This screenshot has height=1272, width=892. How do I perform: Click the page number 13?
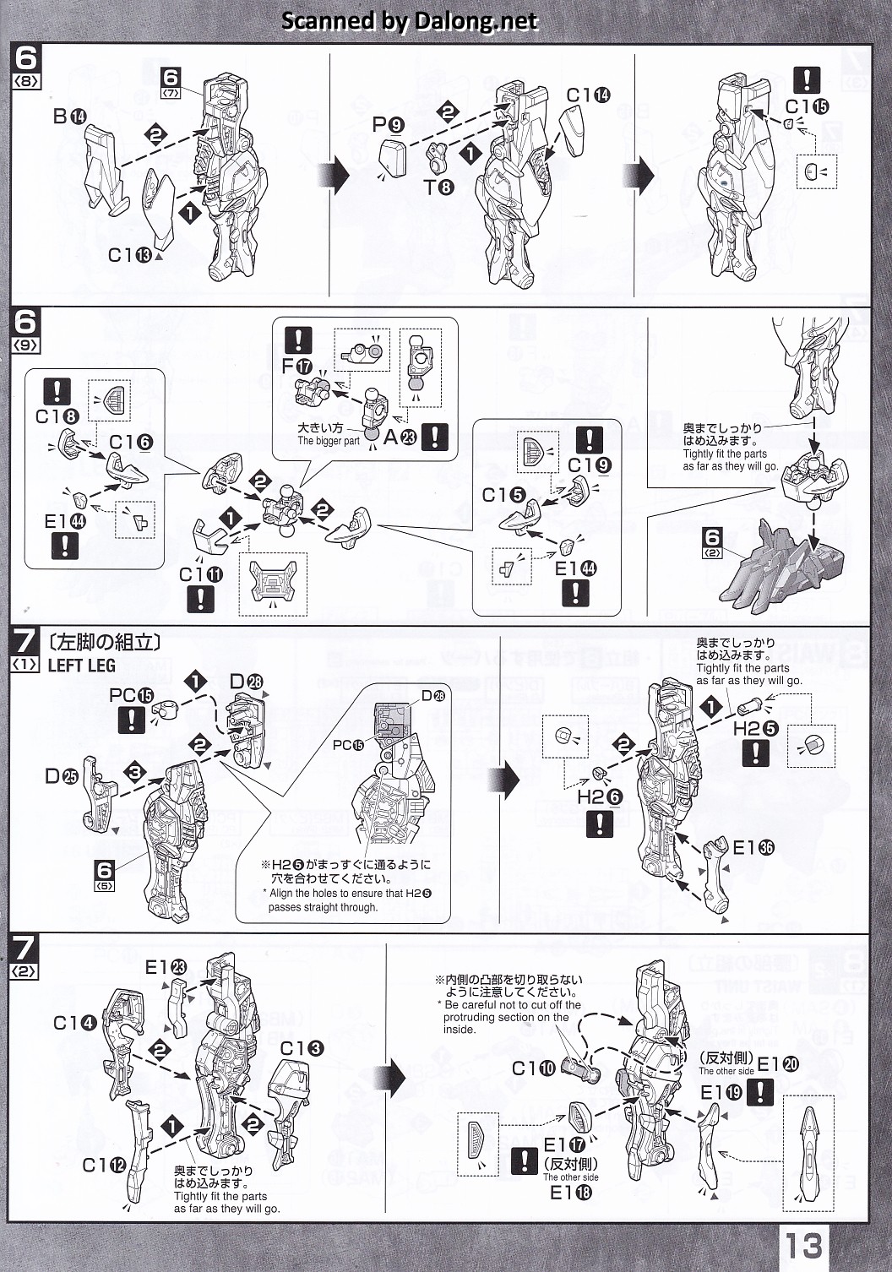click(802, 1245)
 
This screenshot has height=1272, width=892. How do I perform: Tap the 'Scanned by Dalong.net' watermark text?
click(409, 21)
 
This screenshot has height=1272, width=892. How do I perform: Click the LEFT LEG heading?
click(81, 666)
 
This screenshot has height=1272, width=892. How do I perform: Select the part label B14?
click(68, 116)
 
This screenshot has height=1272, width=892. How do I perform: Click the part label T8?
click(438, 187)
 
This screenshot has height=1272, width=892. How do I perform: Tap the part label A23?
click(400, 437)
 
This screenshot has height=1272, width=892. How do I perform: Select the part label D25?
click(61, 775)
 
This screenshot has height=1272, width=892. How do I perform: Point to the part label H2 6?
click(600, 796)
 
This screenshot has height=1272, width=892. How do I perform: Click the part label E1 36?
click(753, 848)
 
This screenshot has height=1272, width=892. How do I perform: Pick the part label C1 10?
click(533, 1068)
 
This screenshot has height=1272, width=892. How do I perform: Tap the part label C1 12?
click(104, 1165)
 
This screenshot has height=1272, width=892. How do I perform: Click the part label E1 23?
click(166, 967)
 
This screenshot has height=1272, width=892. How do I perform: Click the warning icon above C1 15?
click(807, 80)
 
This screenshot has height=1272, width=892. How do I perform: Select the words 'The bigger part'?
click(328, 441)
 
